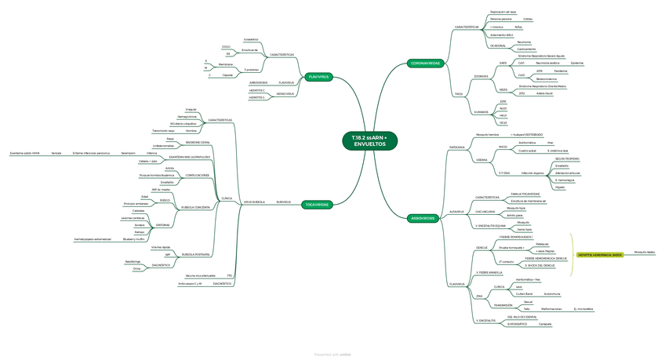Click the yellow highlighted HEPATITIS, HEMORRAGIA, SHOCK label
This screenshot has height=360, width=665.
pos(600,254)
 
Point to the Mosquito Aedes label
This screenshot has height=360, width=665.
pos(644,252)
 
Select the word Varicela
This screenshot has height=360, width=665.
pos(56,153)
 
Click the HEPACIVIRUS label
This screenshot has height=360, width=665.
pos(285,94)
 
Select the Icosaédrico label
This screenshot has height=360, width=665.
pos(251,38)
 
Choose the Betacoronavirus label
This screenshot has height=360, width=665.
pos(547,79)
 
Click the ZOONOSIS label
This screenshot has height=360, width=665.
pos(470,76)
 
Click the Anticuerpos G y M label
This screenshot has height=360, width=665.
pos(190,283)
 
